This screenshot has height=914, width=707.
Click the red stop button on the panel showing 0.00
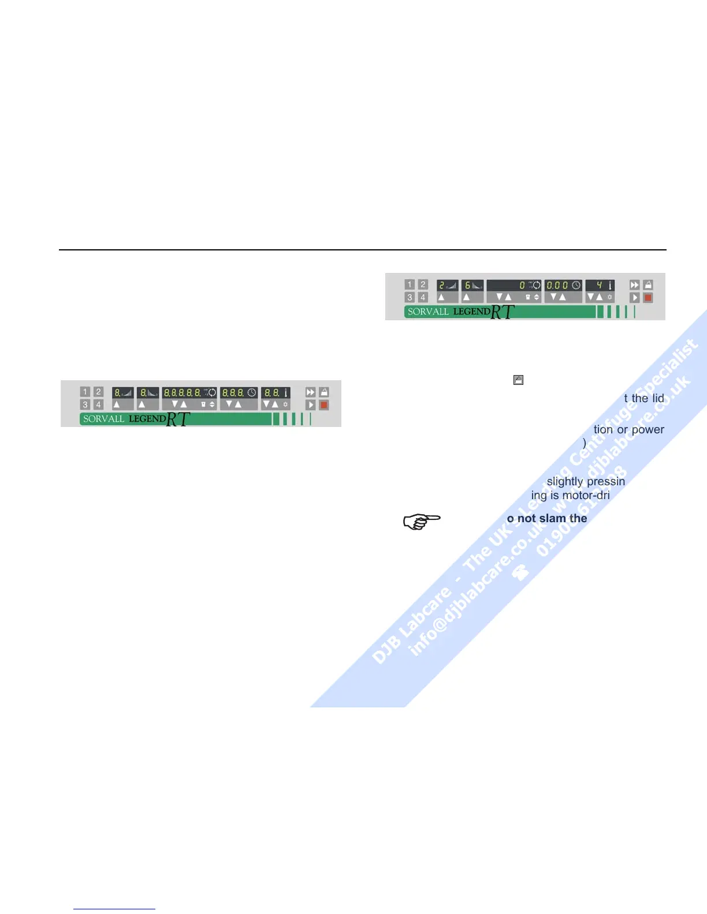pyautogui.click(x=648, y=298)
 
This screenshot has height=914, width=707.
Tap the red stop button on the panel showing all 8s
pyautogui.click(x=324, y=405)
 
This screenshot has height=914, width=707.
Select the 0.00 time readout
pyautogui.click(x=557, y=285)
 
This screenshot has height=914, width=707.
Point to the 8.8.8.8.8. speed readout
pyautogui.click(x=182, y=392)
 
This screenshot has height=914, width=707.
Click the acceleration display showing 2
pyautogui.click(x=447, y=285)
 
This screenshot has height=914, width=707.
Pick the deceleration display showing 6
pyautogui.click(x=472, y=285)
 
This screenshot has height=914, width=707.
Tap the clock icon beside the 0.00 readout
pyautogui.click(x=576, y=285)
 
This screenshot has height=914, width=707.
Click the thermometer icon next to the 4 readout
pyautogui.click(x=609, y=285)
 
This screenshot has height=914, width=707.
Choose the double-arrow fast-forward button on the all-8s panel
pyautogui.click(x=311, y=392)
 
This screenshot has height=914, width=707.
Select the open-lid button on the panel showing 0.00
pyautogui.click(x=648, y=285)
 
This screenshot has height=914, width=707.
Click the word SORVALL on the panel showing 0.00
pyautogui.click(x=428, y=312)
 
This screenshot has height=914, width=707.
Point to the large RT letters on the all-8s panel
pyautogui.click(x=178, y=419)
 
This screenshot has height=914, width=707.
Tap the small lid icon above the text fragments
pyautogui.click(x=518, y=380)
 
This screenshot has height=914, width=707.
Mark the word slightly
pyautogui.click(x=565, y=481)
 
